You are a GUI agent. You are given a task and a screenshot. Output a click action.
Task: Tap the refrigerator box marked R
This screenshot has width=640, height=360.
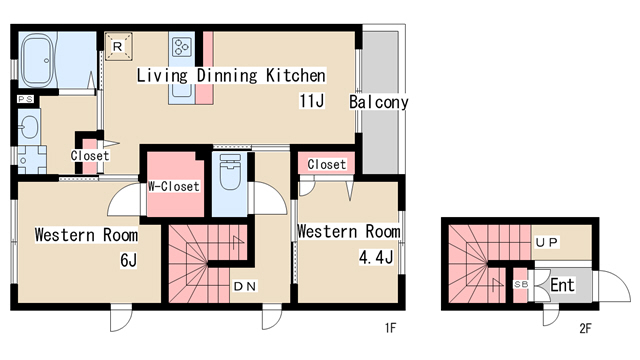[118, 47]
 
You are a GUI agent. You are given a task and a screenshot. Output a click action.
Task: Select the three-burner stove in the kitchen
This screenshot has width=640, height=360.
[182, 47]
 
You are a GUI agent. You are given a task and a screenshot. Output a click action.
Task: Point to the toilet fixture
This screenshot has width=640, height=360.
[230, 171]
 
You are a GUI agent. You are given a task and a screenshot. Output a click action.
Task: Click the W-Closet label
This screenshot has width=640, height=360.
[173, 187]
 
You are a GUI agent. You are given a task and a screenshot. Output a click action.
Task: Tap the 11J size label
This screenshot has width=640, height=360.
[311, 100]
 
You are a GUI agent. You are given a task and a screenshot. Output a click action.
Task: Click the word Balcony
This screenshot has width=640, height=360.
[378, 102]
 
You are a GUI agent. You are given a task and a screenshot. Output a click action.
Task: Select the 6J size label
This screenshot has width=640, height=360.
[129, 260]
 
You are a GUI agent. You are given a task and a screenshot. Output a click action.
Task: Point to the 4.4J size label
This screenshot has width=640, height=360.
[376, 257]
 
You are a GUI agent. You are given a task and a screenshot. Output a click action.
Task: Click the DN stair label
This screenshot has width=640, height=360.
[245, 287]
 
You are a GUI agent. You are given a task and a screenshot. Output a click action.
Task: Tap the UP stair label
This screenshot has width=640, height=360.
[547, 243]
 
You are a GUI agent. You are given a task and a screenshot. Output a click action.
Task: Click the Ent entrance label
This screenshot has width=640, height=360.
[562, 285]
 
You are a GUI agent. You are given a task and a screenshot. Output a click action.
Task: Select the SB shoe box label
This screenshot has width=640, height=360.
[521, 284]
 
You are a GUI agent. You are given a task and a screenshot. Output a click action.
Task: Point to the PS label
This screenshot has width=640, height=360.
[25, 99]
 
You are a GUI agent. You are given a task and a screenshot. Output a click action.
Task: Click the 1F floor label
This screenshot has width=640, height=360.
[390, 327]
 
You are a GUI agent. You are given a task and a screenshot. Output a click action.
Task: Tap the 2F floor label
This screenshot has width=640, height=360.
[585, 328]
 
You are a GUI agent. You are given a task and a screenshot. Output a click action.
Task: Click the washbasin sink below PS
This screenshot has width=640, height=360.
[29, 127]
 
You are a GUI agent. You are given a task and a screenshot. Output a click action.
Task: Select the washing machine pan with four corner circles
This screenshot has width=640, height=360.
[32, 160]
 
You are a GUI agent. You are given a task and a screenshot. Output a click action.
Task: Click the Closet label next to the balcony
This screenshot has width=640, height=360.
[327, 164]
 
